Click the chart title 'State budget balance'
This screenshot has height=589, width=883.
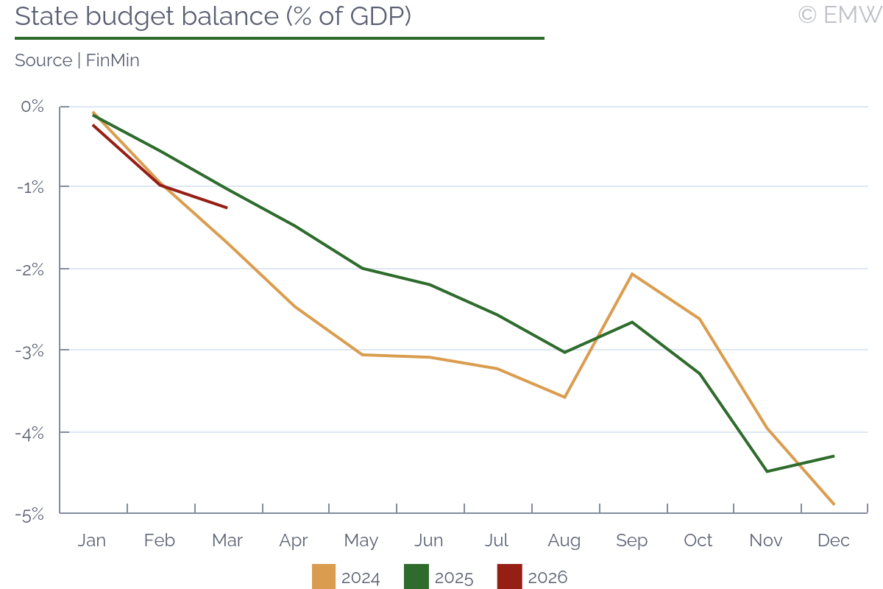point(213,16)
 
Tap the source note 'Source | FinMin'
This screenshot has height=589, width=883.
point(77,60)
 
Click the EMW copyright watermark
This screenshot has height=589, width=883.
point(839,15)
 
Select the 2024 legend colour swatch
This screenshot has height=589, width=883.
point(324,576)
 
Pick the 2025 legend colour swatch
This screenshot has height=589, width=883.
point(416,576)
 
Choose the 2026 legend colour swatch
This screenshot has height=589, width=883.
point(510,576)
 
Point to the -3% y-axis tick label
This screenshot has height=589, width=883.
point(31,350)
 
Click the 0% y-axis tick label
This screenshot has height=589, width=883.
point(33,107)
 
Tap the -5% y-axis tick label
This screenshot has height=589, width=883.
point(31,514)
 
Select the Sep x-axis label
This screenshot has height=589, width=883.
point(631,540)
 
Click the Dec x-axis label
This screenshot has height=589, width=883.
point(834,540)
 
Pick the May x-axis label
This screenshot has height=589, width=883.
point(361,540)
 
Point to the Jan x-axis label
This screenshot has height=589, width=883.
point(92,540)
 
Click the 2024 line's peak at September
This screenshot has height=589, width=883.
point(632,274)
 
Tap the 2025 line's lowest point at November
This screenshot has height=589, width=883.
point(767,471)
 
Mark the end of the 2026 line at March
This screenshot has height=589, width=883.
point(227,208)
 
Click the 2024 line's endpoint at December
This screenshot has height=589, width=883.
point(834,504)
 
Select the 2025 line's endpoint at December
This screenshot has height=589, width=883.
point(834,456)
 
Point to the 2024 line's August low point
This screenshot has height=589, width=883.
point(564,398)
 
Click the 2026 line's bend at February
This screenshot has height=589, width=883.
point(160,185)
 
